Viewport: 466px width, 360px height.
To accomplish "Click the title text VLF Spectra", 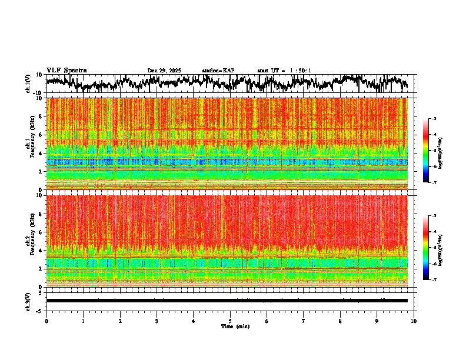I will [x=66, y=71].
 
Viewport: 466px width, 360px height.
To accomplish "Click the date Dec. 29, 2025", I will [x=164, y=71].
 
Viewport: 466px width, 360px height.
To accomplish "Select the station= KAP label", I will [x=218, y=71].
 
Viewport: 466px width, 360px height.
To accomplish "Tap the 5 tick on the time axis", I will [x=230, y=321].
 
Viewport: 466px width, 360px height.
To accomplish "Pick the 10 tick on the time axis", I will [x=414, y=321].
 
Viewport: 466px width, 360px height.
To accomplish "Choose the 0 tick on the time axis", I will [x=46, y=321].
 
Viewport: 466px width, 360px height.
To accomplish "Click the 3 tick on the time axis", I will [x=157, y=321].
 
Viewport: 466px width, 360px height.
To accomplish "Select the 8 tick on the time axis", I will [x=340, y=321].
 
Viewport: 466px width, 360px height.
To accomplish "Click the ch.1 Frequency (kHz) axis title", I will [x=29, y=144].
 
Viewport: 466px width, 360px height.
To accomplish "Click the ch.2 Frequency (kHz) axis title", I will [x=29, y=241].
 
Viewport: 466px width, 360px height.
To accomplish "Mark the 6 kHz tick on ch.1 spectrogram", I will [x=41, y=135].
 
